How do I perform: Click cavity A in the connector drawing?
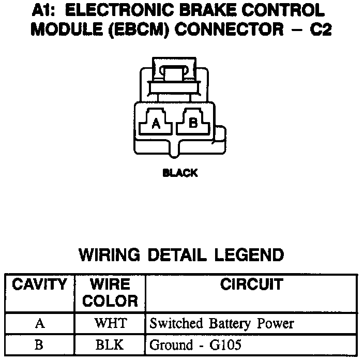click(156, 123)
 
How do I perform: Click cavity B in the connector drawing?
click(193, 123)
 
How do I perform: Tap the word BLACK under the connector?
click(180, 173)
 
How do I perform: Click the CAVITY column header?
click(40, 284)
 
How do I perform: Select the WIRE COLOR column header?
click(110, 292)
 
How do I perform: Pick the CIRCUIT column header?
click(251, 284)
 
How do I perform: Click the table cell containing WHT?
click(110, 324)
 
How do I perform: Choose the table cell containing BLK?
click(110, 345)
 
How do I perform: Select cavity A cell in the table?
click(40, 324)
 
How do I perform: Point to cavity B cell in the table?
click(40, 345)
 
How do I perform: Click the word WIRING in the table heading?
click(110, 255)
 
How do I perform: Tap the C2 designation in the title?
click(319, 29)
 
